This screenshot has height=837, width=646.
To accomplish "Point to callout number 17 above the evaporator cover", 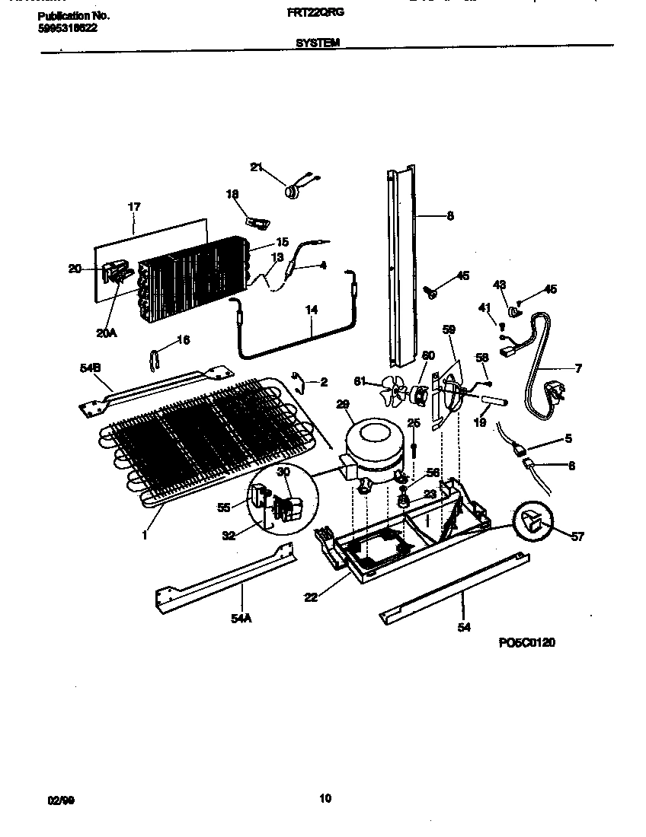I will (134, 206).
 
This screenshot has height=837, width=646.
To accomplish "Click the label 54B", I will (90, 369).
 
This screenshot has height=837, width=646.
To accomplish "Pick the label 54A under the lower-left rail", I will (240, 619).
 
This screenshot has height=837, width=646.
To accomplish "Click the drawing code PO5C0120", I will (526, 643).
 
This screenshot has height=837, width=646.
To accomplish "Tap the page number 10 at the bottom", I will (325, 798).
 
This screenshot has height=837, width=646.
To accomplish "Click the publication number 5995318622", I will (67, 27).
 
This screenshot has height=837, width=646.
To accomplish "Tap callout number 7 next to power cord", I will (578, 369).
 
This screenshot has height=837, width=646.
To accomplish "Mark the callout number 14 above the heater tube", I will (312, 310).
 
